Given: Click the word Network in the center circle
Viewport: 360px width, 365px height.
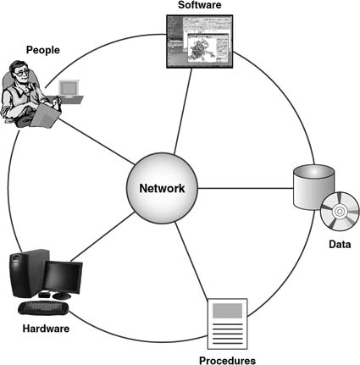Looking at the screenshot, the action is click(x=162, y=188).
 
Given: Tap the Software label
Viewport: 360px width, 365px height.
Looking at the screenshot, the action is click(x=200, y=5).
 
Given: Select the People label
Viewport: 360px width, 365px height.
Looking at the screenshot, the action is click(x=43, y=50).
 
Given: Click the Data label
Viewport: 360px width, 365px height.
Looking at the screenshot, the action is click(x=340, y=244).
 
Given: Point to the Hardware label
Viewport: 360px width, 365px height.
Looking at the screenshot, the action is click(x=46, y=329).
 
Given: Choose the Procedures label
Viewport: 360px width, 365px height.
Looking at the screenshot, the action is click(x=227, y=361).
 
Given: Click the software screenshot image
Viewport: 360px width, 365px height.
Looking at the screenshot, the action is click(x=200, y=41).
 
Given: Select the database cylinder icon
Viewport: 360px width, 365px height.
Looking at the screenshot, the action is click(x=313, y=187).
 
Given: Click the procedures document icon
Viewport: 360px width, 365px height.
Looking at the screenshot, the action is click(x=227, y=324).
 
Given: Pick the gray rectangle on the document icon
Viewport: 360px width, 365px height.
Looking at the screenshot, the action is click(x=227, y=311).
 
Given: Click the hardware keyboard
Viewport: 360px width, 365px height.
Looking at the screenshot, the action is click(x=43, y=308).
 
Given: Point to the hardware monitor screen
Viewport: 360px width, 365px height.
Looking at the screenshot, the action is click(x=63, y=278).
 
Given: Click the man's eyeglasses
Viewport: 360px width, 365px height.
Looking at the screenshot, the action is click(x=22, y=73).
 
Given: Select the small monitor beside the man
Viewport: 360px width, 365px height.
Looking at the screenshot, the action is click(x=68, y=88).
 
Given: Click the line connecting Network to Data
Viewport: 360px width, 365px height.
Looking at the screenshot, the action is click(x=246, y=188).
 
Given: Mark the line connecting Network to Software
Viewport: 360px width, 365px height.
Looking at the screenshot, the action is click(x=183, y=111).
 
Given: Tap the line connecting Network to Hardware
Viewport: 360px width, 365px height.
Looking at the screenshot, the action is click(x=102, y=236).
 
